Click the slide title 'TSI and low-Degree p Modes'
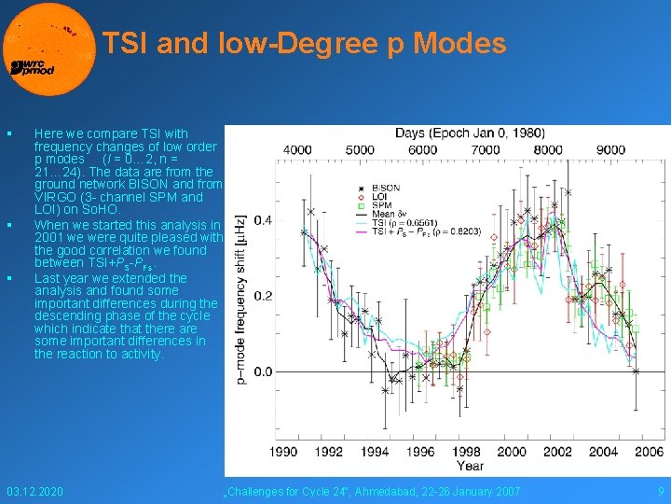point(304,44)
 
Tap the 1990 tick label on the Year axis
point(283,452)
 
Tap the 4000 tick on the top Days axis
point(297,149)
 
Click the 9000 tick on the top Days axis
point(610,149)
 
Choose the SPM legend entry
point(379,204)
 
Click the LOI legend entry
point(378,196)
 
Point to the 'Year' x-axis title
point(470,466)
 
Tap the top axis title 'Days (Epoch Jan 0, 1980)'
point(470,133)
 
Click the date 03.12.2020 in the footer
point(34,491)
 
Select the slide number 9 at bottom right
point(661,491)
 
